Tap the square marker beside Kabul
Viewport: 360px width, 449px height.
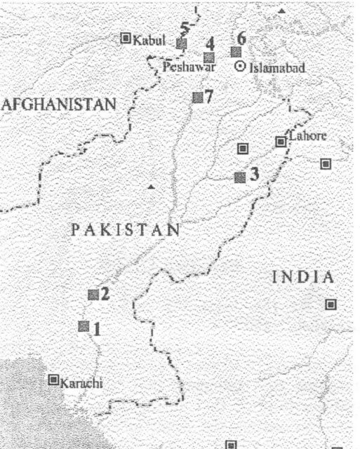(126, 38)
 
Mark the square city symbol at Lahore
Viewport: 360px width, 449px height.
(281, 142)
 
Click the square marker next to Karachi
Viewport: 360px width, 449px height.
(53, 380)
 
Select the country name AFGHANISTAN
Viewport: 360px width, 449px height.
(58, 105)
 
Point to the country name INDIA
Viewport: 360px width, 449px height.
(303, 277)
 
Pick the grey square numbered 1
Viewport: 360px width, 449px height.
(84, 326)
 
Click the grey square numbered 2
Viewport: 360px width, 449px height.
(93, 295)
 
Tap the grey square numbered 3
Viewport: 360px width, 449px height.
(240, 177)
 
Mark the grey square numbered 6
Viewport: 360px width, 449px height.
(236, 52)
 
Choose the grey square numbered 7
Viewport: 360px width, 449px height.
(197, 98)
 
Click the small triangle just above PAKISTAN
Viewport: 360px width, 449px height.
(151, 187)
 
